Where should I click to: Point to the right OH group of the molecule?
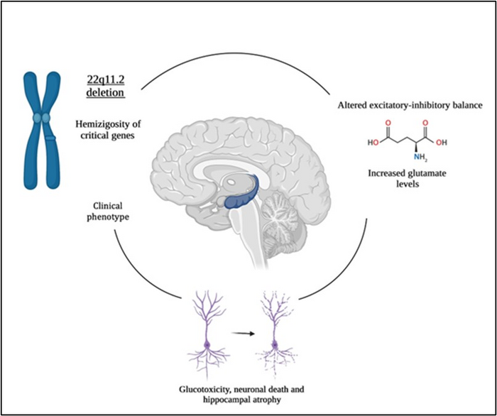point(442,142)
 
